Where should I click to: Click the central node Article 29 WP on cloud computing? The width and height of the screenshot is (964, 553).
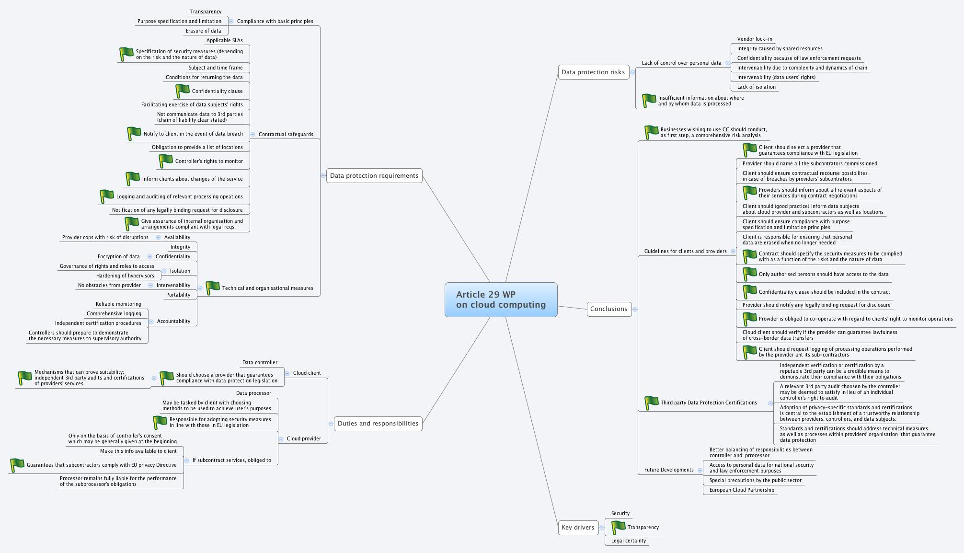501,300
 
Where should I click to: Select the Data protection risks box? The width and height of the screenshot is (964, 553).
593,72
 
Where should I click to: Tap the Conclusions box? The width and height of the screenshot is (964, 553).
608,309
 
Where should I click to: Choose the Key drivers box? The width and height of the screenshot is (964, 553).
578,528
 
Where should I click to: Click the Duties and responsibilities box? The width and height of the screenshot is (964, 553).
378,424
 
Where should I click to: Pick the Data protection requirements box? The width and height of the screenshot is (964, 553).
374,176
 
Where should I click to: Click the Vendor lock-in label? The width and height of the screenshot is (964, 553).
755,39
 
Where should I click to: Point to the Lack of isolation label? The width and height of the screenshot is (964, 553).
756,87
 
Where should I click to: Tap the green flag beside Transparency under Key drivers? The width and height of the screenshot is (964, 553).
619,528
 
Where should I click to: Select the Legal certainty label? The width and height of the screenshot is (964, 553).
629,541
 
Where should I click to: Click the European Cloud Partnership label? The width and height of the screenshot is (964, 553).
741,490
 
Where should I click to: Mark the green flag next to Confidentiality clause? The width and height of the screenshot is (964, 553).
183,91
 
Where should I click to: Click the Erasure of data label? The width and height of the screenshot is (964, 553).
204,31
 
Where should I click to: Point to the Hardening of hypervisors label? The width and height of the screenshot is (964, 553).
125,276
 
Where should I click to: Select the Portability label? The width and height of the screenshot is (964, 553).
178,295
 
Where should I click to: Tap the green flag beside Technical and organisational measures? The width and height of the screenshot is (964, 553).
213,288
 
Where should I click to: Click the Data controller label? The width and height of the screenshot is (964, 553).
260,363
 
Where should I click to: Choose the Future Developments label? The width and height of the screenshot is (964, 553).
669,470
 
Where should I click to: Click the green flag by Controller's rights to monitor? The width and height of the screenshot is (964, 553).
166,161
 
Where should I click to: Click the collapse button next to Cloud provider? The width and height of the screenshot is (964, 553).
281,439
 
